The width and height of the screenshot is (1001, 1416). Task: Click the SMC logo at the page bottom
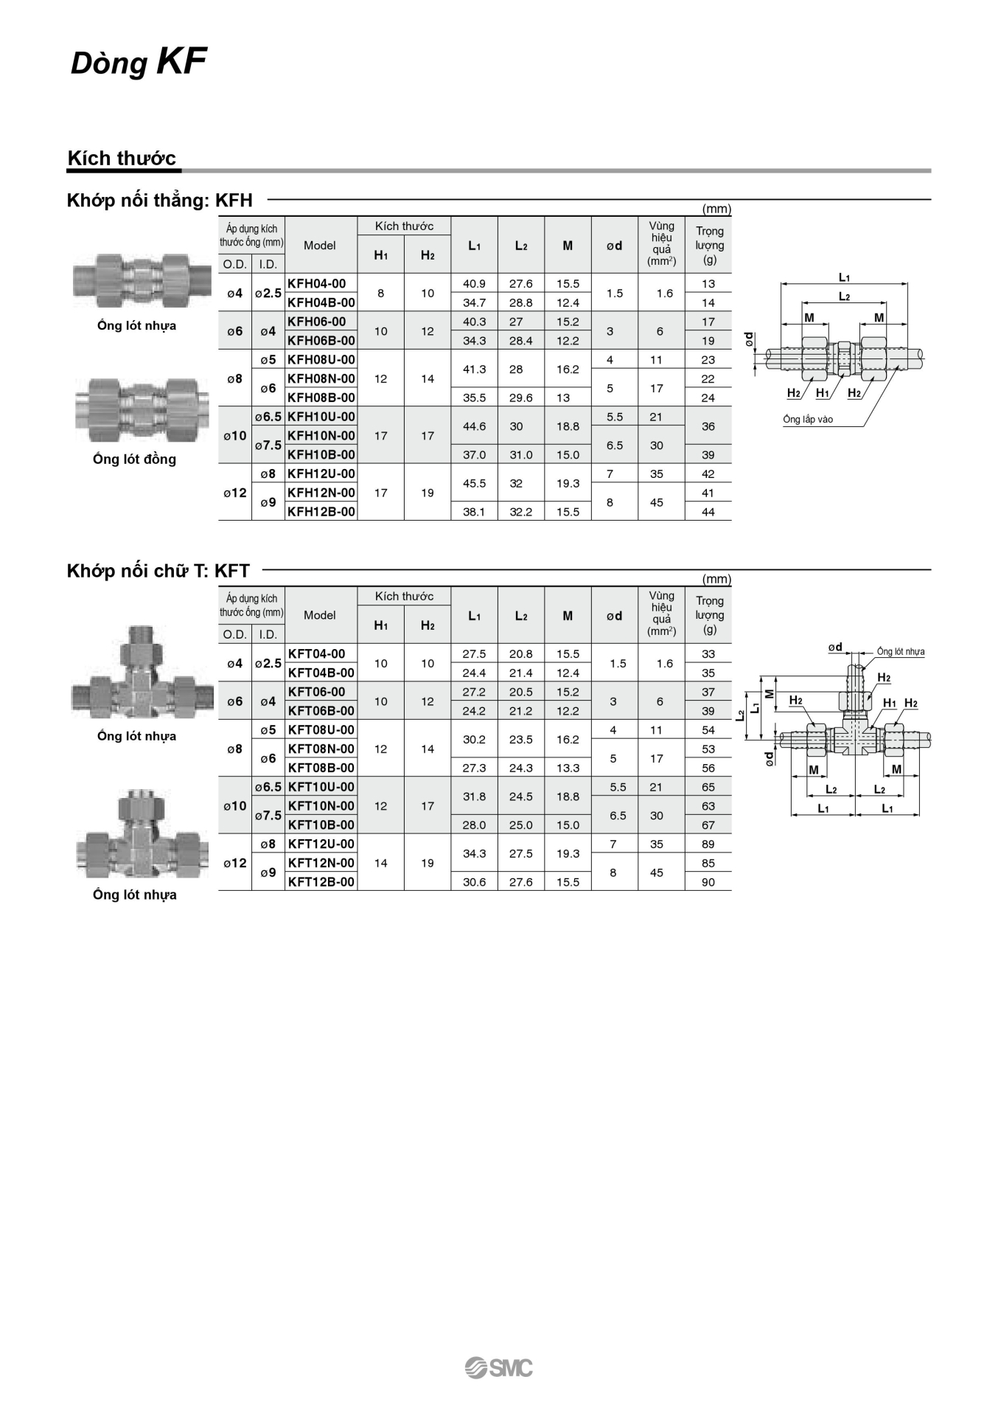pos(499,1367)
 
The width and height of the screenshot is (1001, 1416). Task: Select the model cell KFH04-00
pos(317,284)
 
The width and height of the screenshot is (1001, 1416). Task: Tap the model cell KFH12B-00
pos(321,512)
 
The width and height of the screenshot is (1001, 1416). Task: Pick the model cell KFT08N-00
pos(321,749)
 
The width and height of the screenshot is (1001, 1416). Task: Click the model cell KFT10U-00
pos(321,787)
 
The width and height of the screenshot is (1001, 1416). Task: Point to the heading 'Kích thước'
pos(122,159)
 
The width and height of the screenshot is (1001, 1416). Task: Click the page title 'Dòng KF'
pos(139,62)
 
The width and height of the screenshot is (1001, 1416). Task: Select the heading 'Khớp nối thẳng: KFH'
pos(160,201)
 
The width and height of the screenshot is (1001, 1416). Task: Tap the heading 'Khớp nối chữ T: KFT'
pos(158,571)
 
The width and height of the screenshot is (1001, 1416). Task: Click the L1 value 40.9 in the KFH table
pos(474,284)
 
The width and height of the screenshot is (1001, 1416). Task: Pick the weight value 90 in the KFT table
pos(708,882)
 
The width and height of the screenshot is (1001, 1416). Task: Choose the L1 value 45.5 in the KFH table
pos(474,484)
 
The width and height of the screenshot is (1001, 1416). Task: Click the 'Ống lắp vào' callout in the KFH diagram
pos(808,420)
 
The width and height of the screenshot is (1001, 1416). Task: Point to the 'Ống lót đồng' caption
pos(135,459)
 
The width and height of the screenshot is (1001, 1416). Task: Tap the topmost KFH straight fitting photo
pos(134,281)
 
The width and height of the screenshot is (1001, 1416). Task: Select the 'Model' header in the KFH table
pos(320,246)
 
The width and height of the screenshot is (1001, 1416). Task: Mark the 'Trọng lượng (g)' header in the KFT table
pos(709,615)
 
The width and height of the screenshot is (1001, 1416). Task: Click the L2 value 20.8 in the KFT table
pos(521,654)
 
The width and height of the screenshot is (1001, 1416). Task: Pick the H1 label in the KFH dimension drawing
pos(823,393)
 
